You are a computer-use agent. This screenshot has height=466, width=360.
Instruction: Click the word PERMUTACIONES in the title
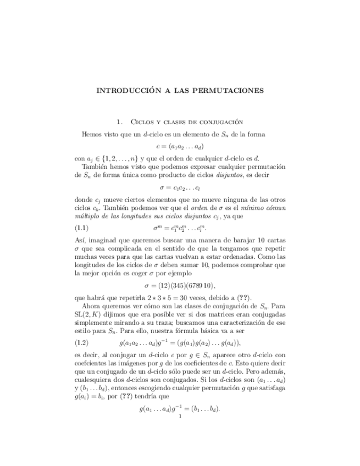click(227, 91)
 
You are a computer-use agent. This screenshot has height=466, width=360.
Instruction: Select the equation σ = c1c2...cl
click(180, 187)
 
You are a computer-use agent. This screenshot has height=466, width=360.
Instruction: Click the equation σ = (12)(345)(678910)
click(180, 286)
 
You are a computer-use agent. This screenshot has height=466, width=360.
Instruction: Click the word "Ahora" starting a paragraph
click(92, 307)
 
